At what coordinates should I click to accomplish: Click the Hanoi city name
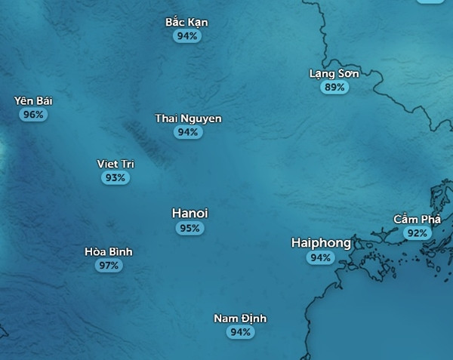[x=190, y=214]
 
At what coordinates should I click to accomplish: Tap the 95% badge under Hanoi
[x=190, y=228]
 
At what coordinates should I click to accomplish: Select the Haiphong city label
[x=321, y=243]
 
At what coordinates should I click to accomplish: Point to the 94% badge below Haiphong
[x=320, y=257]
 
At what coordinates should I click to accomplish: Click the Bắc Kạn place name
[x=186, y=22]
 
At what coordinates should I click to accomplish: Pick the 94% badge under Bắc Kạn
[x=186, y=35]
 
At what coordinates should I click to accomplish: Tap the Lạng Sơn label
[x=334, y=73]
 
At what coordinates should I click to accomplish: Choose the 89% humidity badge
[x=334, y=87]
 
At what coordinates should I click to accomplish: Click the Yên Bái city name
[x=33, y=101]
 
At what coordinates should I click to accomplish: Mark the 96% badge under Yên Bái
[x=33, y=115]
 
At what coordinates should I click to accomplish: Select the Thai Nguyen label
[x=188, y=118]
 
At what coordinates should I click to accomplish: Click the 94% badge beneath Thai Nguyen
[x=187, y=132]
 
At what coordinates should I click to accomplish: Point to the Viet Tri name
[x=116, y=164]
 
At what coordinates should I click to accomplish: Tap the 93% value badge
[x=116, y=177]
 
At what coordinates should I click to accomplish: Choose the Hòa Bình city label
[x=108, y=252]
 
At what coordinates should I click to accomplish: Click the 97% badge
[x=108, y=266]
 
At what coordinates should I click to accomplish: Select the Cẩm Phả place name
[x=417, y=219]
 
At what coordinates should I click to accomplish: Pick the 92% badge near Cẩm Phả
[x=417, y=233]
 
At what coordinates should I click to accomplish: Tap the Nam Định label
[x=240, y=318]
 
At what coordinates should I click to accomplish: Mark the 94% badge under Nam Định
[x=240, y=332]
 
